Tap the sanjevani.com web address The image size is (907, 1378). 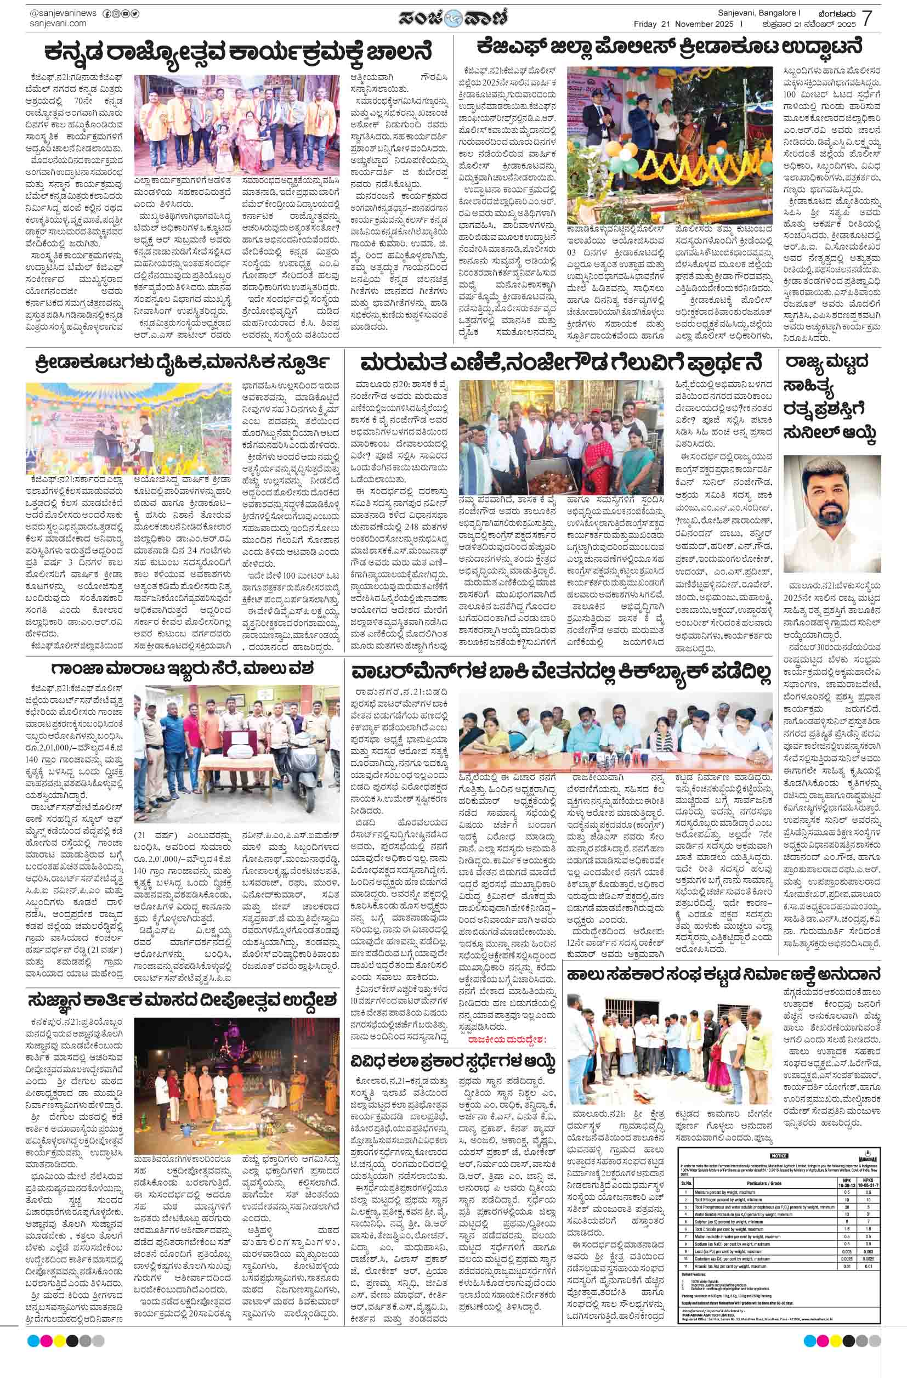[x=57, y=24]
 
